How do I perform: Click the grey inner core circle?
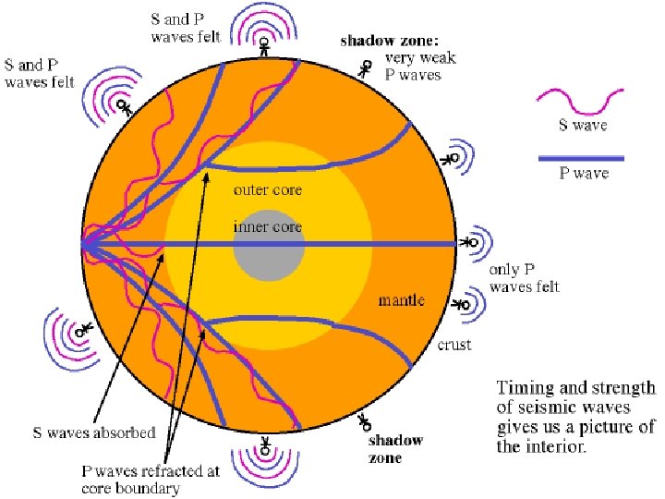(x=267, y=246)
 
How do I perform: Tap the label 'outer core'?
(x=268, y=190)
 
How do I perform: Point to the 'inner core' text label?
(x=267, y=226)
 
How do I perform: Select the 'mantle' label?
(x=402, y=299)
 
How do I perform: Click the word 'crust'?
(x=454, y=345)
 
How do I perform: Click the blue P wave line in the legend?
(x=582, y=158)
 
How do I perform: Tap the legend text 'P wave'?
(x=584, y=175)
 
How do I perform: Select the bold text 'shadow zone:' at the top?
(x=384, y=41)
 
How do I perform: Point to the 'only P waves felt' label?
(x=524, y=280)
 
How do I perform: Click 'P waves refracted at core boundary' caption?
(x=150, y=480)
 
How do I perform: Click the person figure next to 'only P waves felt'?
(x=470, y=242)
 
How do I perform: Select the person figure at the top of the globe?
(x=264, y=46)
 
